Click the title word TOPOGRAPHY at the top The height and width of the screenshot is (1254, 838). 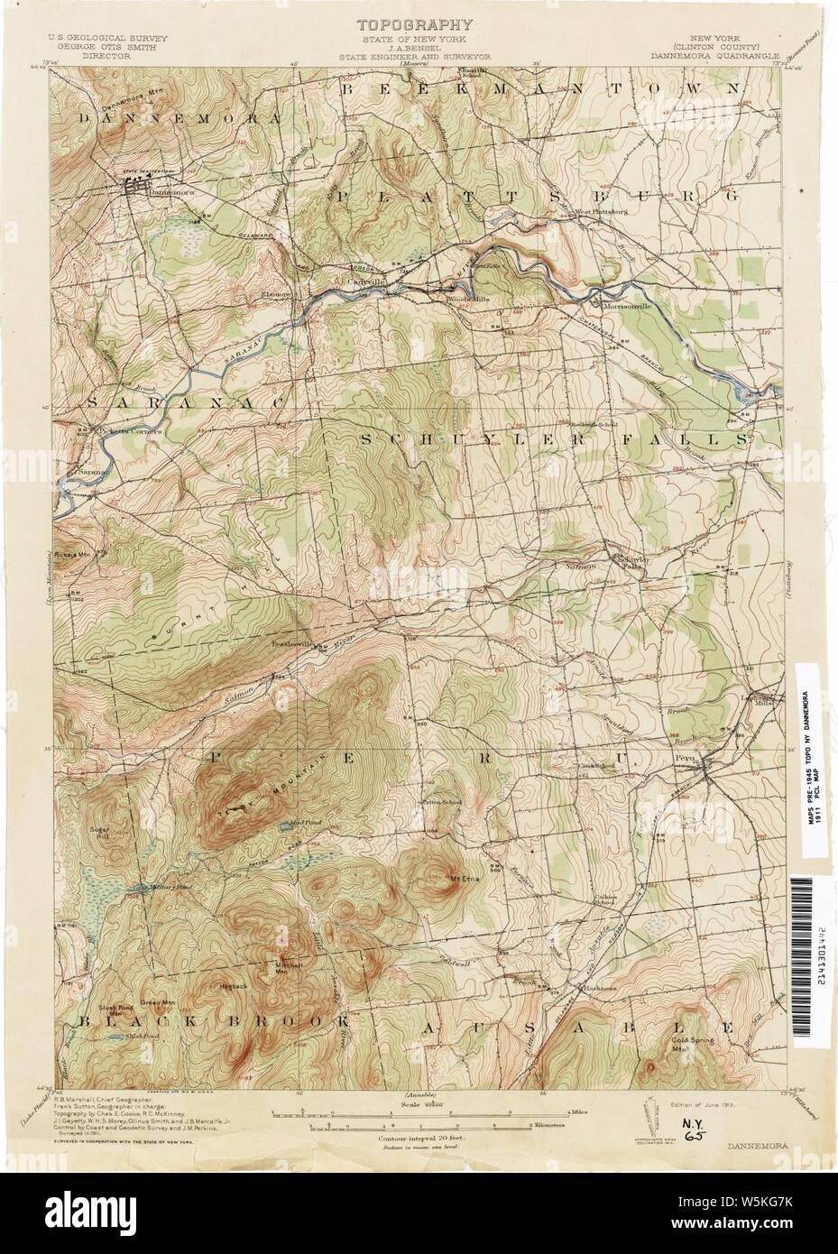click(418, 25)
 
